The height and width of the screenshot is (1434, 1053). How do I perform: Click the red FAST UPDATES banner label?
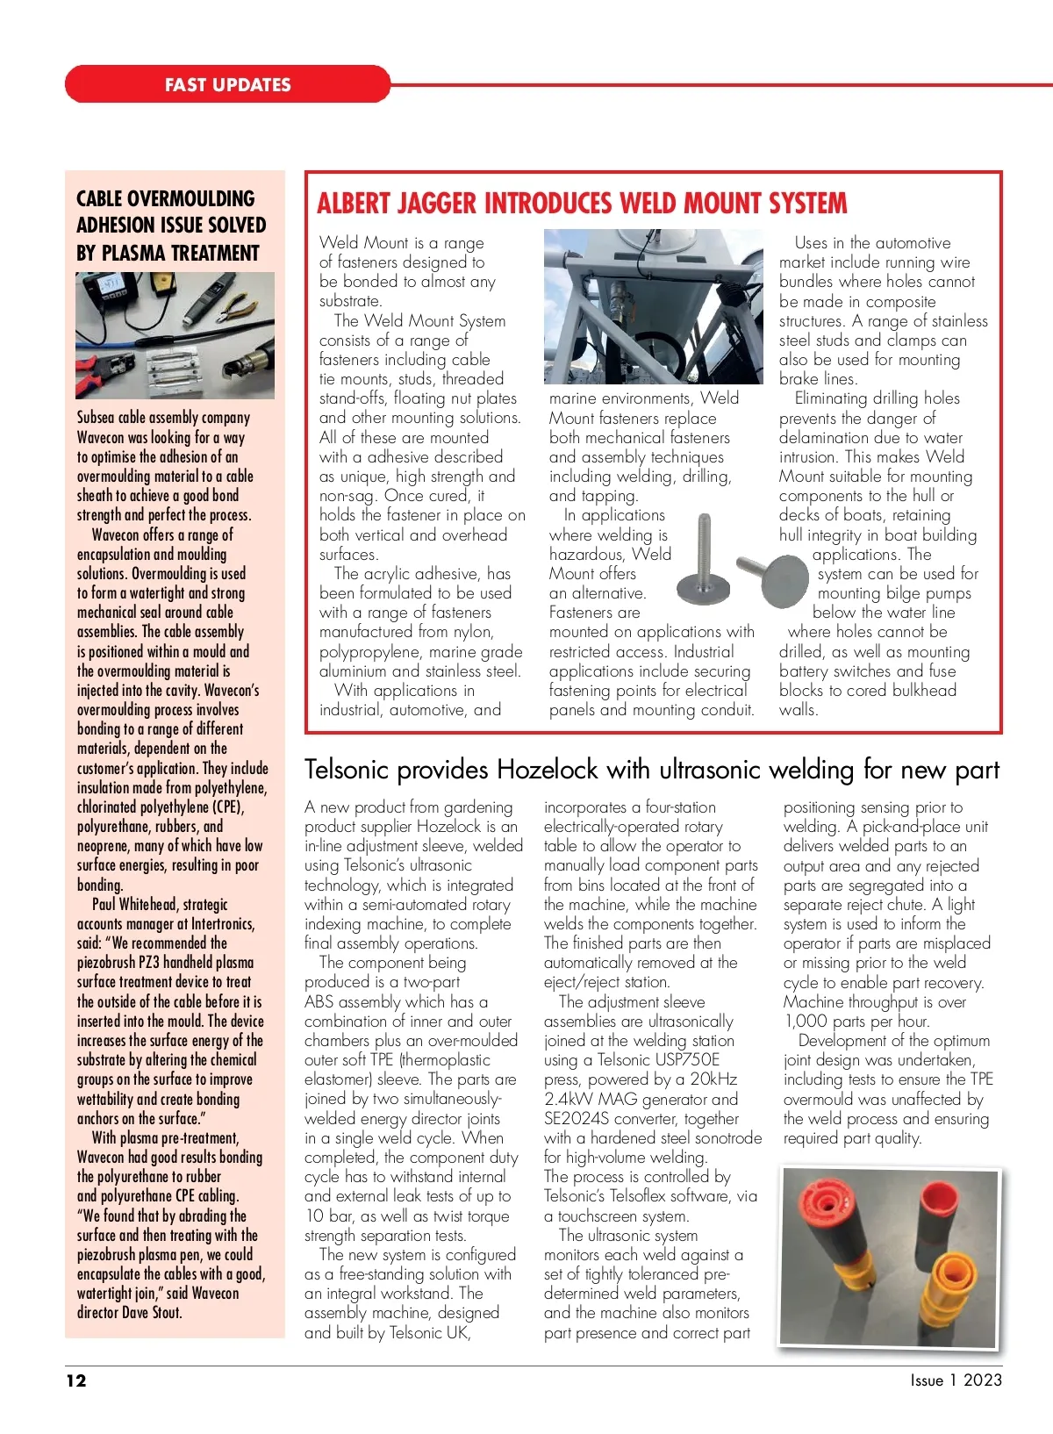(x=227, y=85)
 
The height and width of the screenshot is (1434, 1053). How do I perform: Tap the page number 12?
(x=76, y=1380)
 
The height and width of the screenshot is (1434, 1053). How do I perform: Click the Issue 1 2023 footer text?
(x=956, y=1380)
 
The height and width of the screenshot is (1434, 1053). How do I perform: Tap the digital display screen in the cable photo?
(x=109, y=286)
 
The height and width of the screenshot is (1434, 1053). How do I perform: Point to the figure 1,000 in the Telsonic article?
(x=806, y=1022)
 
